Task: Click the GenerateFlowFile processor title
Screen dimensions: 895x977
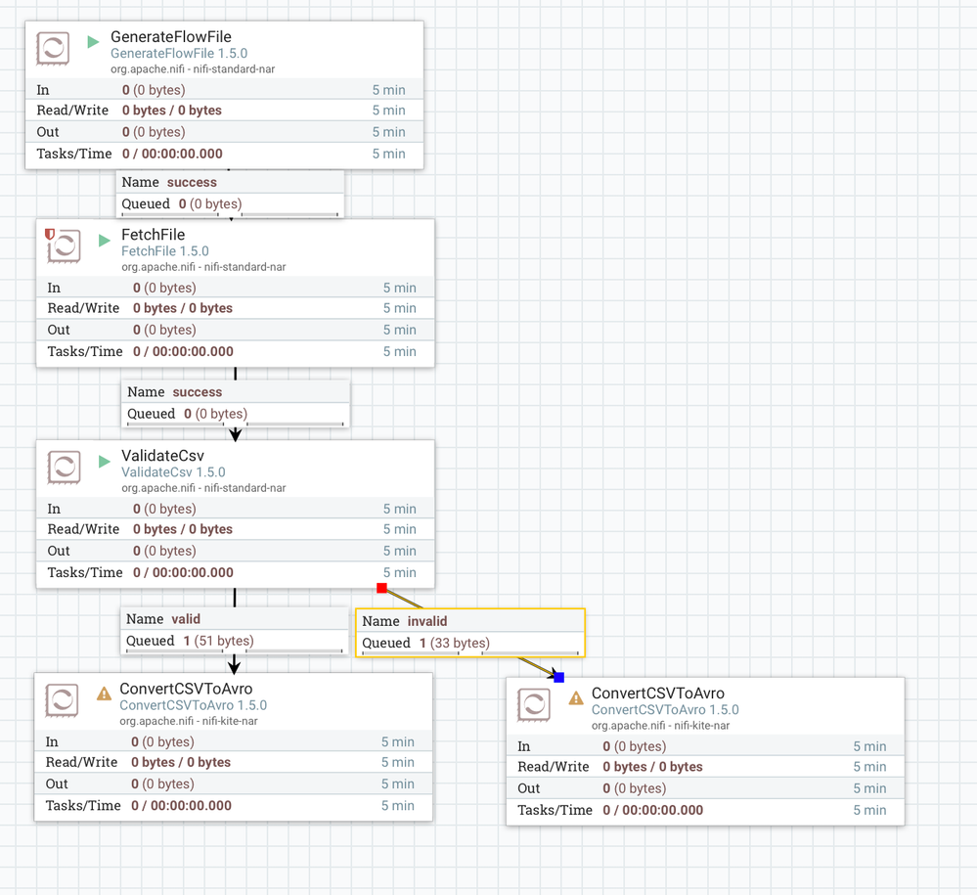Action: coord(170,37)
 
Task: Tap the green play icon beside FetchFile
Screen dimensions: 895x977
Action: coord(105,241)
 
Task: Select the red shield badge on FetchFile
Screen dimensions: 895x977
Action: coord(50,235)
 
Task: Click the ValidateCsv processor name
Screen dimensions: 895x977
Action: coord(162,456)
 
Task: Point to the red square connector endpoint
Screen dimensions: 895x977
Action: coord(382,588)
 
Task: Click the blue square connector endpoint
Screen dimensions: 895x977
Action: coord(558,677)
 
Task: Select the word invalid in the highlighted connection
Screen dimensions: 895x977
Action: coord(427,621)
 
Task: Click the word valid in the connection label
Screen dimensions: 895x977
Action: coord(186,618)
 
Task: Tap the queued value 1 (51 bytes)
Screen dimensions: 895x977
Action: coord(218,641)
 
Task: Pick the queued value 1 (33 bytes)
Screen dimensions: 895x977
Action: coord(455,643)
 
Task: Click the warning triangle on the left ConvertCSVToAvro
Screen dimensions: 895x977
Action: coord(104,694)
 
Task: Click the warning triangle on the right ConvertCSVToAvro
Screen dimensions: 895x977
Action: coord(575,698)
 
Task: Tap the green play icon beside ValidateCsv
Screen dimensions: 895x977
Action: coord(105,462)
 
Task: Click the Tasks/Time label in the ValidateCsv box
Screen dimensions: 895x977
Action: coord(85,572)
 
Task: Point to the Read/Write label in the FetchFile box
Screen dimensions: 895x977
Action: coord(83,308)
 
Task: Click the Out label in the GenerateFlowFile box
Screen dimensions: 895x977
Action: coord(48,132)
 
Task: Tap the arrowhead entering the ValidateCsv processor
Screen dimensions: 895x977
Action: coord(236,434)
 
